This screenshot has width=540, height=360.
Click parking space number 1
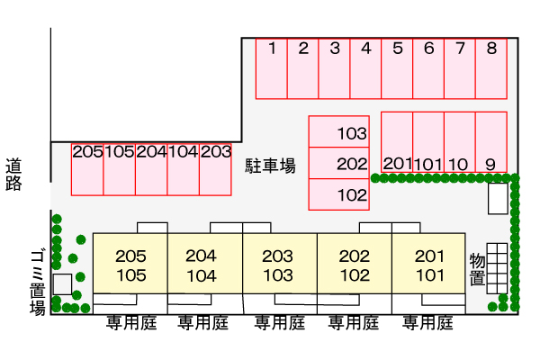point(272,69)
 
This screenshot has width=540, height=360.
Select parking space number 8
point(491,69)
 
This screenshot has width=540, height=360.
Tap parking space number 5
point(397,69)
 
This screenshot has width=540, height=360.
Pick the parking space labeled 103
point(339,131)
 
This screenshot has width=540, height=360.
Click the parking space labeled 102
point(339,194)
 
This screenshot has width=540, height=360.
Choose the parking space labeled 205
point(87,169)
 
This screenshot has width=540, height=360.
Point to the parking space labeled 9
point(491,142)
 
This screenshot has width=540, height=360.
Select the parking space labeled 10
point(460,142)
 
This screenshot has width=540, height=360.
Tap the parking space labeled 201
point(397,142)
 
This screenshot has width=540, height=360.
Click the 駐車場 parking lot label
point(270,166)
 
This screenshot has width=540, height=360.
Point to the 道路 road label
point(13,175)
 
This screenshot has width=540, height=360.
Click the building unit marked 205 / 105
point(130,264)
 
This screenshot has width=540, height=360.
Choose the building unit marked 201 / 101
point(428,264)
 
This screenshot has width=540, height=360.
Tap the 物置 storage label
point(478,269)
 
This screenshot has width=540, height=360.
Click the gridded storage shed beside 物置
point(497,268)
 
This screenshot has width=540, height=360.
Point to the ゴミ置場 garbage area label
point(38,283)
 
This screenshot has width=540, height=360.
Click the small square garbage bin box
point(62,284)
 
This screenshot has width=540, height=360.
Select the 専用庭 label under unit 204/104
point(203,323)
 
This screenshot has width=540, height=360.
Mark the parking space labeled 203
point(215,169)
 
